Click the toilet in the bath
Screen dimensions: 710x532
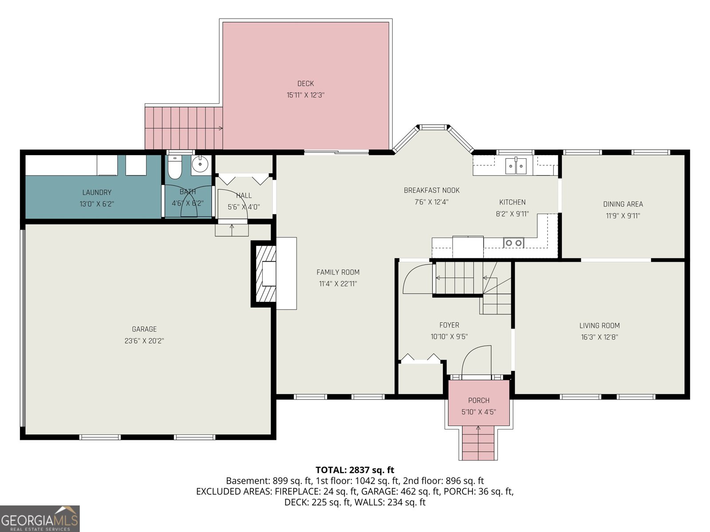[174, 167]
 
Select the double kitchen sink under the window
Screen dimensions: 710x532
[516, 166]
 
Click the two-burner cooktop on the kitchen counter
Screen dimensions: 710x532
[513, 243]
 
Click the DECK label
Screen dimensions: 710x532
[305, 84]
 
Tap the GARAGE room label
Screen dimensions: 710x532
[144, 329]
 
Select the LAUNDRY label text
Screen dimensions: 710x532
[97, 192]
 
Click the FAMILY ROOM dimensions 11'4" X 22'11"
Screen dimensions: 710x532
[338, 284]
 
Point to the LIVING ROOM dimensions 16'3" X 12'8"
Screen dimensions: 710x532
[600, 337]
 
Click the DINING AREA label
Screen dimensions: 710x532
[623, 204]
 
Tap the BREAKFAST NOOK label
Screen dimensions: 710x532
[431, 190]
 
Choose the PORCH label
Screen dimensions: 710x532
[479, 400]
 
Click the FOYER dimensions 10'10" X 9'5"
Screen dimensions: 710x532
[449, 336]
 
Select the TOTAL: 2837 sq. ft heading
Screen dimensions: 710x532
[355, 469]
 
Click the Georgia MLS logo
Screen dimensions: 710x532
[40, 518]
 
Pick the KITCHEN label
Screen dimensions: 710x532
[513, 202]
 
